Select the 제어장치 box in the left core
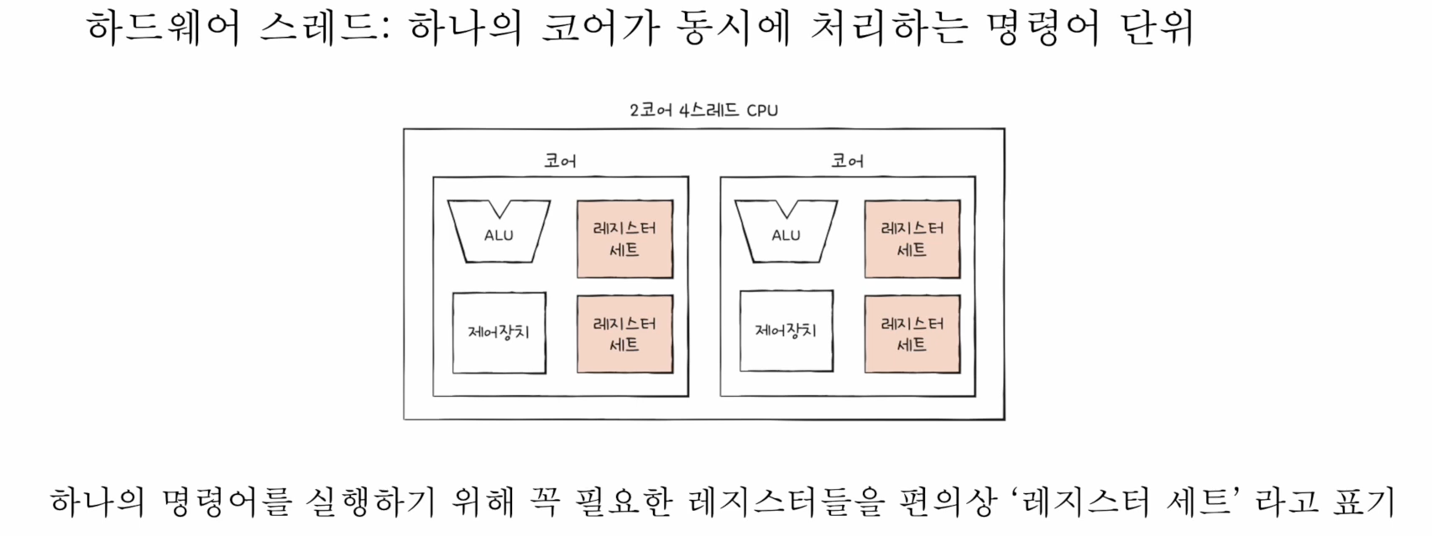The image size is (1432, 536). (499, 332)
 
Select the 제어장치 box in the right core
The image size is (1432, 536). (786, 331)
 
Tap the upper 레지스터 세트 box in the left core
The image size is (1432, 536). (625, 239)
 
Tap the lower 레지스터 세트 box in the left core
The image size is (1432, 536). (625, 334)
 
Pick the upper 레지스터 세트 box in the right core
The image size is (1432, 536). (912, 239)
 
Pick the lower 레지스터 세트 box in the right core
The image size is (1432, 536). (912, 334)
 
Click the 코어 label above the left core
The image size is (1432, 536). (560, 161)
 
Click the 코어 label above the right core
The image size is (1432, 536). (847, 161)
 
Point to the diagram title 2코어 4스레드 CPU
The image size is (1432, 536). (703, 110)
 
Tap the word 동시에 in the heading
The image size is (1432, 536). (736, 29)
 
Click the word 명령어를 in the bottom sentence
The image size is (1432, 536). (227, 502)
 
